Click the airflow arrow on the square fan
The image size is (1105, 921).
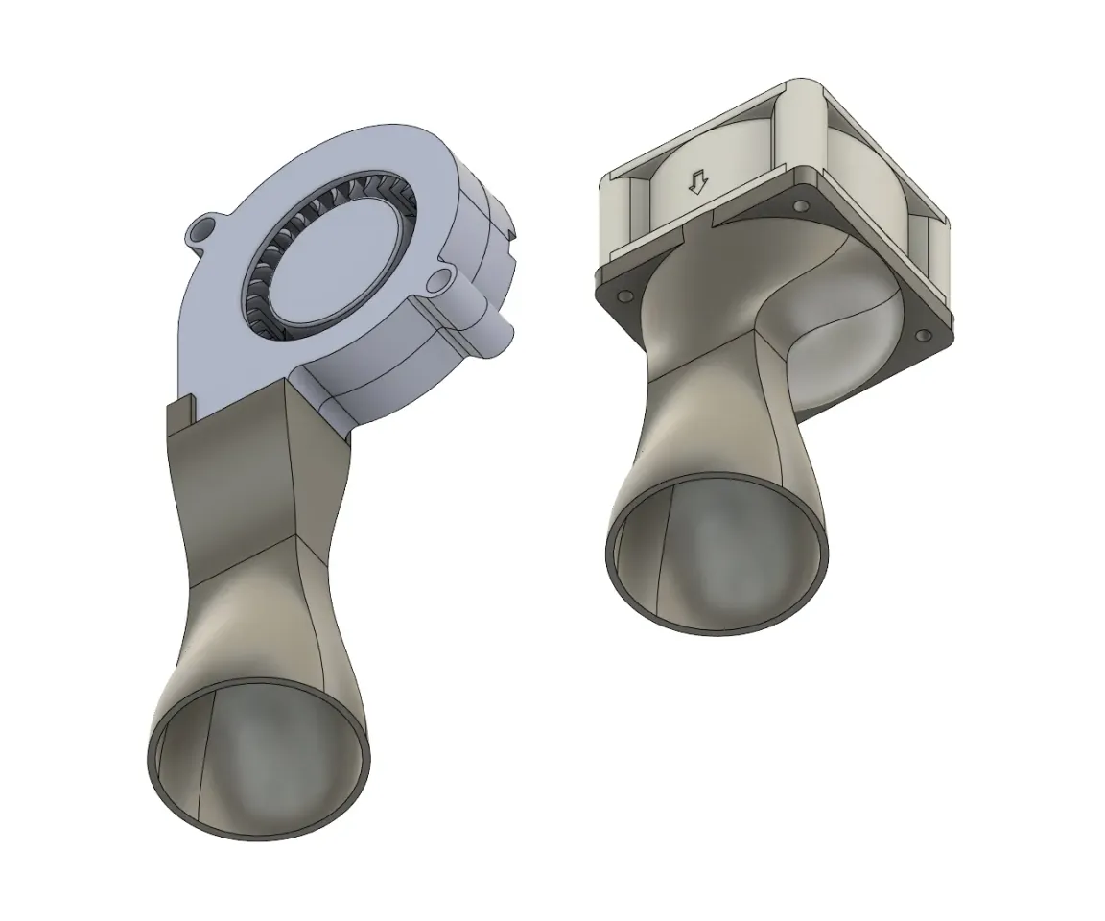pos(698,182)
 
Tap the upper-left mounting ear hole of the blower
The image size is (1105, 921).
pos(200,230)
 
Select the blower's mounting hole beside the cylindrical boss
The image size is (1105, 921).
pos(440,278)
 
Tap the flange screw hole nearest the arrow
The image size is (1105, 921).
pos(800,207)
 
